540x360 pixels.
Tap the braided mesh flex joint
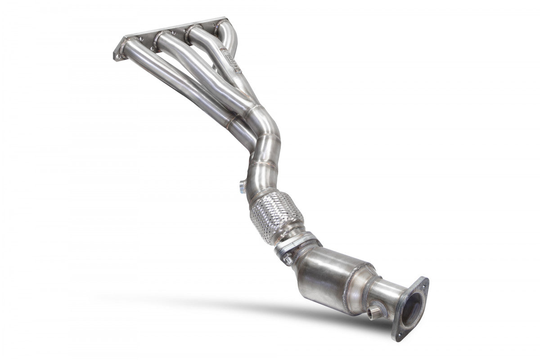tap(275, 215)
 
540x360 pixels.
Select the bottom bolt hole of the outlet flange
tap(398, 335)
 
